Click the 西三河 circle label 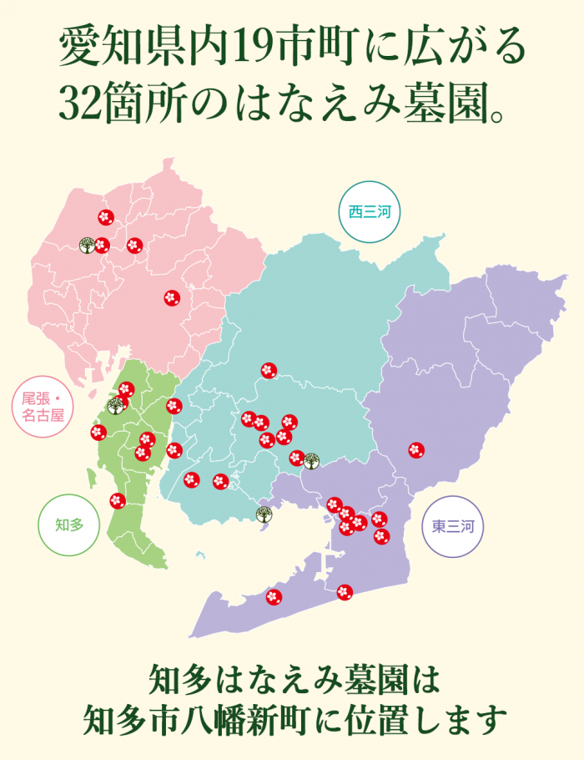(370, 212)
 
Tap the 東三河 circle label (453, 527)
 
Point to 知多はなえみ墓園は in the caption (293, 678)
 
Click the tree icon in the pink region (86, 245)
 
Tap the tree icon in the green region (115, 406)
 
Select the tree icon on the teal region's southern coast (263, 514)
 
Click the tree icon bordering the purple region (311, 460)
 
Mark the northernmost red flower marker (105, 217)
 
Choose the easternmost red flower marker (416, 449)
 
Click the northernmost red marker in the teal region (268, 370)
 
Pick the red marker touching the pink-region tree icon (102, 246)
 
